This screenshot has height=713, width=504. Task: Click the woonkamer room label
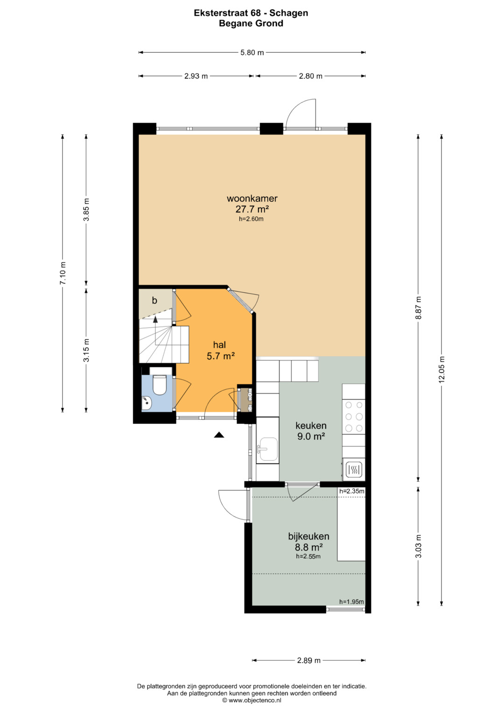click(252, 198)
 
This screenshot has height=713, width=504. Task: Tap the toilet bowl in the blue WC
click(160, 385)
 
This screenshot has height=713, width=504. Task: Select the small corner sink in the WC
click(147, 402)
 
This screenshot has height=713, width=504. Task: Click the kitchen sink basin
click(268, 449)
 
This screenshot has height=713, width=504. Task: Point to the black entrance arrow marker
click(219, 435)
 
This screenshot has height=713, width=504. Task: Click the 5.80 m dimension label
click(252, 52)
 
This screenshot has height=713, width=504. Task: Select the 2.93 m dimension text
click(196, 76)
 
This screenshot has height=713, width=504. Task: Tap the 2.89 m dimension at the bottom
click(308, 661)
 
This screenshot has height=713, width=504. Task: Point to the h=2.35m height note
click(351, 491)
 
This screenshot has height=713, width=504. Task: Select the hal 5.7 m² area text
click(220, 356)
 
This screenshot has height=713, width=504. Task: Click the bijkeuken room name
click(308, 537)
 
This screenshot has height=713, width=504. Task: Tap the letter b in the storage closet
click(154, 300)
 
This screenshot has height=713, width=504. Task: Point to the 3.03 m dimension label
click(418, 546)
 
